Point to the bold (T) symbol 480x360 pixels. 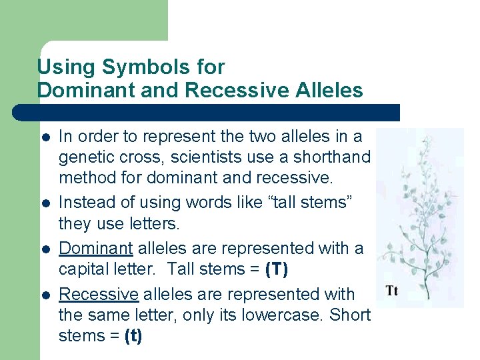[276, 270]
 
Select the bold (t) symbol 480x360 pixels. [133, 336]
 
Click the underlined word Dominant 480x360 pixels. [96, 248]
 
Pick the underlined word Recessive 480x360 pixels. [99, 294]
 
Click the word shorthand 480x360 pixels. [330, 157]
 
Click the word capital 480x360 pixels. [83, 270]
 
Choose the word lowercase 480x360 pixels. [289, 315]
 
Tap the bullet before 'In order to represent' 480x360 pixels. [45, 137]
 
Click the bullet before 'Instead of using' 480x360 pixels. [45, 203]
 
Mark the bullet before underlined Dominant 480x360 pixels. [45, 249]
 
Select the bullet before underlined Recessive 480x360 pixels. [45, 295]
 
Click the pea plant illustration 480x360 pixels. [421, 207]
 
